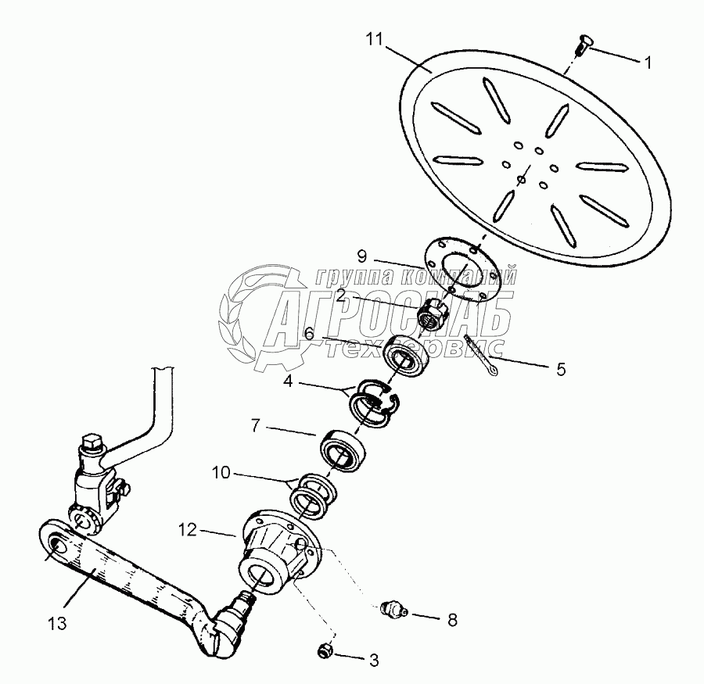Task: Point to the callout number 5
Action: coord(561,368)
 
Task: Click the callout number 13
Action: coord(56,624)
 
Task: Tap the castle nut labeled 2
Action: coord(433,315)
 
